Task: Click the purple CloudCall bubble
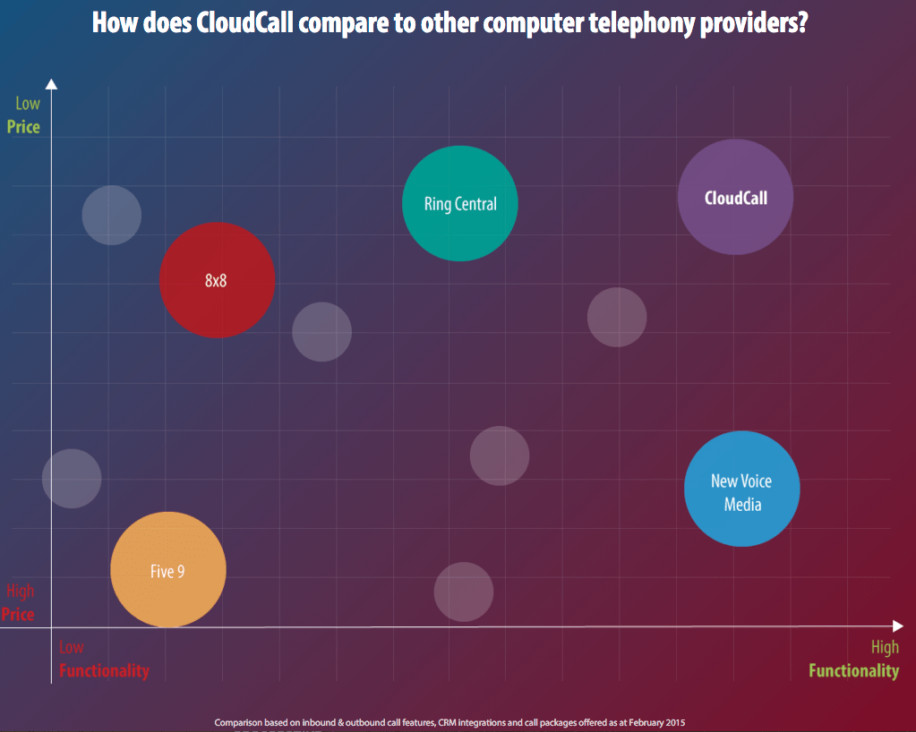point(735,198)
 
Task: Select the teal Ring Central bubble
point(460,203)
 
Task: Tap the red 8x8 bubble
point(217,280)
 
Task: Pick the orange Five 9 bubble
point(168,570)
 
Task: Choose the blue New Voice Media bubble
point(741,489)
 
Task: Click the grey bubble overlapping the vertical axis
point(72,478)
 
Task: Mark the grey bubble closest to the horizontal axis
point(464,592)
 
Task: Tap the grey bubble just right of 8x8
point(321,332)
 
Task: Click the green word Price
point(23,127)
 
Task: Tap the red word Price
point(18,614)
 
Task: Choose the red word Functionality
point(104,670)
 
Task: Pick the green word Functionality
point(853,670)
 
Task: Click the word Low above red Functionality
point(72,647)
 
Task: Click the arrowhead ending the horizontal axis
point(898,626)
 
